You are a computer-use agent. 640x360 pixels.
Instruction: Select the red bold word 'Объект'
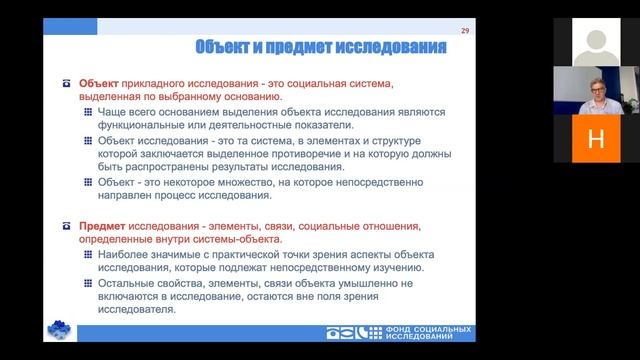coord(100,82)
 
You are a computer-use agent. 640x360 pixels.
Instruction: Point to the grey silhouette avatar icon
coord(596,41)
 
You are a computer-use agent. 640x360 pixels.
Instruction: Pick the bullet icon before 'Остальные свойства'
coord(91,284)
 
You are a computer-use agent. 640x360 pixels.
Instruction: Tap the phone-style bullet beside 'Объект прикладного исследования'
coord(68,82)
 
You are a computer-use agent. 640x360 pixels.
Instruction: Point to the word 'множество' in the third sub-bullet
coord(239,183)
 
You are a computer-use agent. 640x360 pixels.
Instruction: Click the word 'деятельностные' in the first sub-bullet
coord(225,125)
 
